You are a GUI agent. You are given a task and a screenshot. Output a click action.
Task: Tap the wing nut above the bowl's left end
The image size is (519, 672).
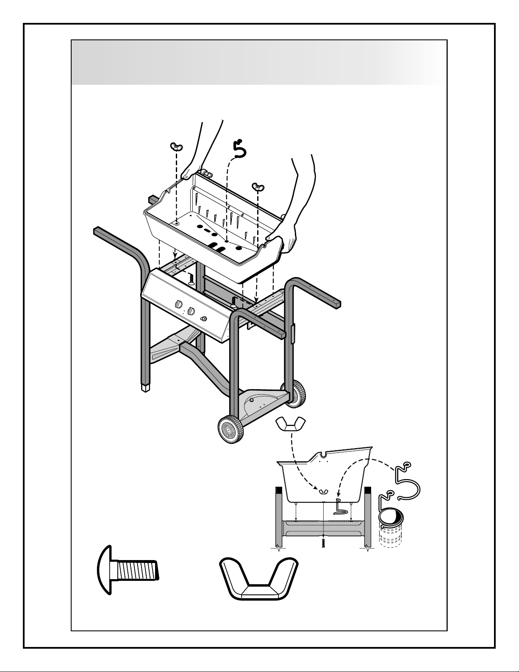(x=175, y=147)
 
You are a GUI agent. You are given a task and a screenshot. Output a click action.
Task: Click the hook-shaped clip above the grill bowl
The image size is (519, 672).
(x=240, y=150)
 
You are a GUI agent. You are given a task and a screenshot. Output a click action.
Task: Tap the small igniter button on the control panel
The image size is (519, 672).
(x=204, y=319)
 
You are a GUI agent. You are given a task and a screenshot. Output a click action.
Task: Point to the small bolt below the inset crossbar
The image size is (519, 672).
(x=323, y=544)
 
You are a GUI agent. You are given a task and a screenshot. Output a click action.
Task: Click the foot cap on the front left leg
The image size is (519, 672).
(x=146, y=387)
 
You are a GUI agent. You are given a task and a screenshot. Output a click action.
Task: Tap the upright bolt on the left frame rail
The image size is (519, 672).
(x=190, y=278)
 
